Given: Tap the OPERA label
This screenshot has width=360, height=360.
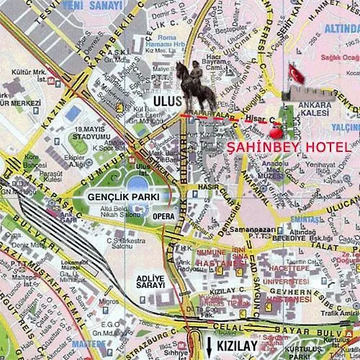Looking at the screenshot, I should (x=160, y=215).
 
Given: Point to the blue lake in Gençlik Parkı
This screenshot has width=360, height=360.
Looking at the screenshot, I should (x=138, y=183).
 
